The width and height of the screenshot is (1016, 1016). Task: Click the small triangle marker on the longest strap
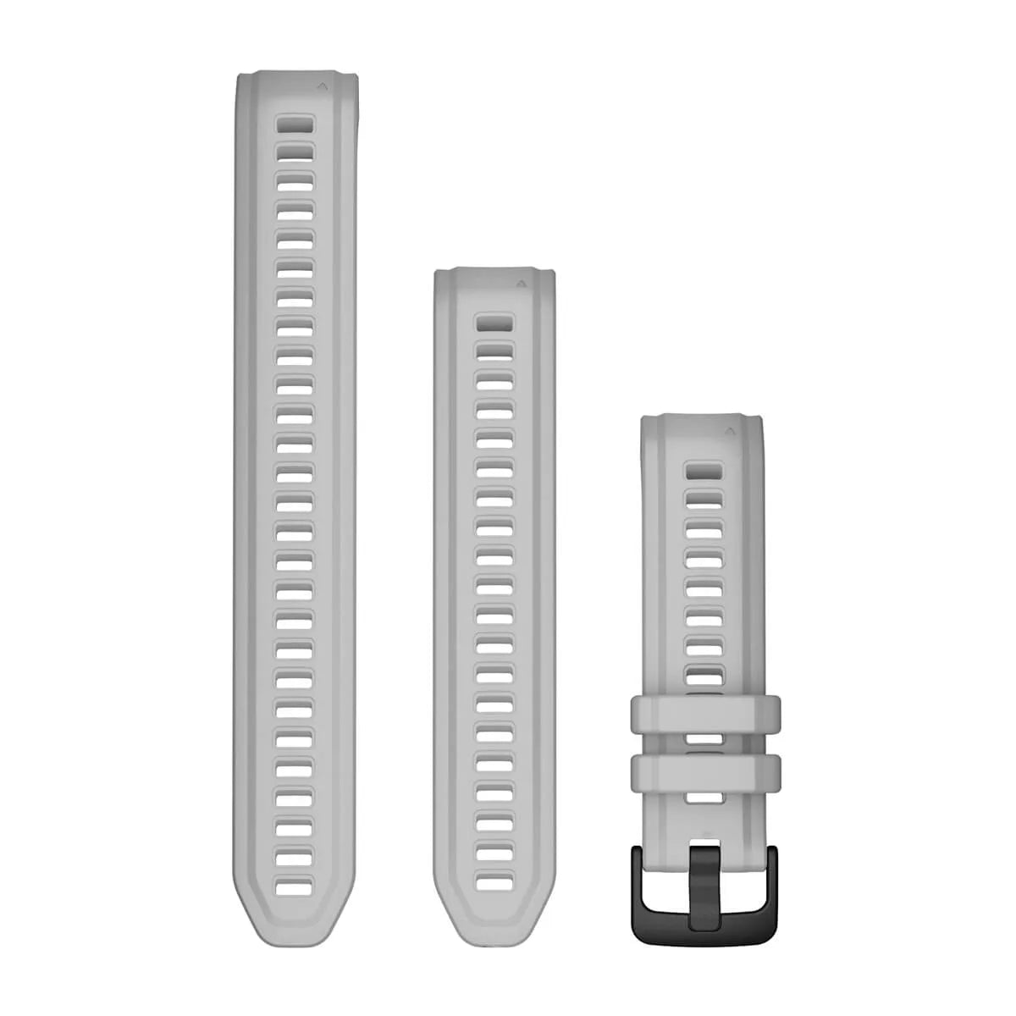[323, 86]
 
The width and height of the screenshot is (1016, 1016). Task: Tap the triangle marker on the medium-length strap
[521, 284]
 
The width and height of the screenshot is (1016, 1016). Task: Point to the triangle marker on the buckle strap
[726, 430]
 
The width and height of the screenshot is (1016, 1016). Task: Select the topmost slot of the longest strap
[295, 125]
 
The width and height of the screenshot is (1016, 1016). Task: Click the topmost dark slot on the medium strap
[494, 323]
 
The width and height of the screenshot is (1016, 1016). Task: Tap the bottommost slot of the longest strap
[295, 856]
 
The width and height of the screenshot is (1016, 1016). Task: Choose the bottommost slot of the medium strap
[494, 880]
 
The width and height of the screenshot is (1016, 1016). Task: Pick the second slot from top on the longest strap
[295, 152]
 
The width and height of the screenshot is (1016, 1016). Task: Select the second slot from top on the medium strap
[494, 351]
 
